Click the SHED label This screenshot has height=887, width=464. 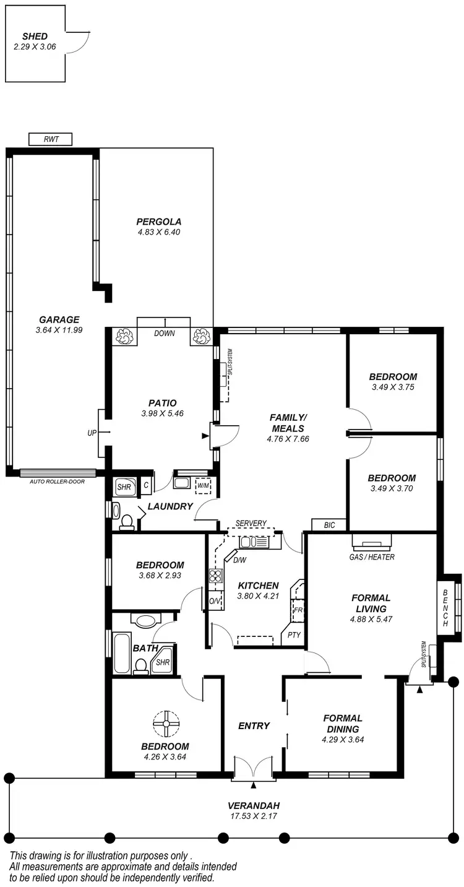[35, 37]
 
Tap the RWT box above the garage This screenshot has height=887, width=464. [51, 139]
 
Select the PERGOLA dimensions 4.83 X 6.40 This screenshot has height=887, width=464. [159, 232]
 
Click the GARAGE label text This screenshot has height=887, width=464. [59, 320]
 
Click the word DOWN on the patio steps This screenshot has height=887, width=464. [165, 334]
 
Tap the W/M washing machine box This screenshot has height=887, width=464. [203, 485]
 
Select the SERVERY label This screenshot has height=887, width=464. [251, 524]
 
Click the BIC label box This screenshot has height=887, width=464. [329, 525]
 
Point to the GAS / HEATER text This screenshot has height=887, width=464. [372, 557]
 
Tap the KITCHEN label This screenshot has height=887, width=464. [258, 586]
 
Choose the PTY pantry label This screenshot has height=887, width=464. [294, 635]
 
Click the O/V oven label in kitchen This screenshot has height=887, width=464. [214, 601]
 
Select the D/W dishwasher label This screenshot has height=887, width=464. [239, 561]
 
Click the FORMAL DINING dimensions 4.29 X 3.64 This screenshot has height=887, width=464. [343, 739]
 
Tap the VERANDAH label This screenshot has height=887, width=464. [254, 805]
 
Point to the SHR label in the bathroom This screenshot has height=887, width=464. [163, 662]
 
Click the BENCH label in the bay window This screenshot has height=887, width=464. [445, 607]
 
